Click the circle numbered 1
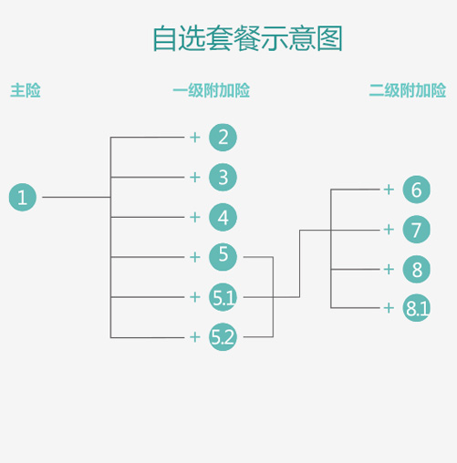click(x=23, y=197)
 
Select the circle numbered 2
click(x=223, y=138)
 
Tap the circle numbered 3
click(x=223, y=177)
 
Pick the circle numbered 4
click(x=223, y=217)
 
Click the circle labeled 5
click(x=223, y=257)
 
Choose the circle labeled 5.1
click(x=223, y=297)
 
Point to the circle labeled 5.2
click(x=223, y=337)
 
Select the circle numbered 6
click(x=417, y=190)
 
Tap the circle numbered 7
click(x=417, y=230)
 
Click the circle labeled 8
click(x=417, y=269)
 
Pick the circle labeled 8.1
click(x=417, y=308)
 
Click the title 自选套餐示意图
click(x=247, y=38)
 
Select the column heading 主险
click(x=26, y=90)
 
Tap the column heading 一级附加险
click(x=212, y=90)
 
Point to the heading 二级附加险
click(x=408, y=90)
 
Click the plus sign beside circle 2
click(x=195, y=138)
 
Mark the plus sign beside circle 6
click(x=389, y=190)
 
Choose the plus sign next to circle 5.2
click(x=195, y=337)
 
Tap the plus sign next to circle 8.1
click(x=389, y=308)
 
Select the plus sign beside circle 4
click(x=195, y=217)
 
